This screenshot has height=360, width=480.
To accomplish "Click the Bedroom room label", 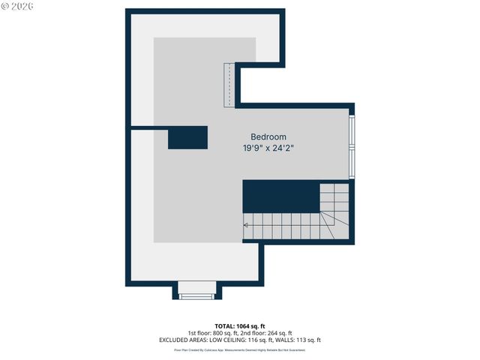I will (268, 136).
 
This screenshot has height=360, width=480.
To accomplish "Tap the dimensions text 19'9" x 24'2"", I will (268, 148).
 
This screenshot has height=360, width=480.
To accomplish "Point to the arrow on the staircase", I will (247, 223).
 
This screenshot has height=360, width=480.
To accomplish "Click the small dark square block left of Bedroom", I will (187, 138).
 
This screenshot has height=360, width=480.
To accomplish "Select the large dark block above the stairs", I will (280, 196).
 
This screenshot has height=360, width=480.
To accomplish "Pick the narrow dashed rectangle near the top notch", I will (229, 85).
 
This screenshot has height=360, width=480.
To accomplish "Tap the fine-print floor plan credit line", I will (239, 349).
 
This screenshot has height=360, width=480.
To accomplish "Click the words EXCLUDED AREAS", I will (181, 340).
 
